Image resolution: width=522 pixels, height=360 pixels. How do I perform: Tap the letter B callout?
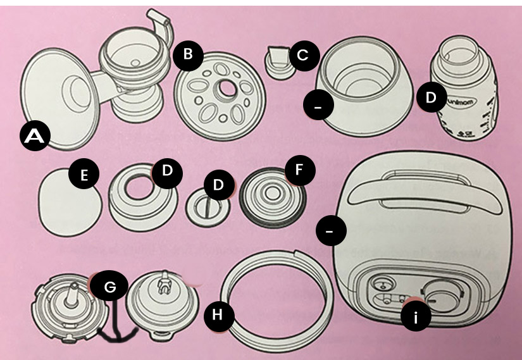coord(187,54)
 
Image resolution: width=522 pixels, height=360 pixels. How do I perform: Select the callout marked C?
coord(302,55)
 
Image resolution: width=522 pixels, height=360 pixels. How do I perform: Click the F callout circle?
coord(298,170)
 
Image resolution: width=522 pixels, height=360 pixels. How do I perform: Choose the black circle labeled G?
coord(110,287)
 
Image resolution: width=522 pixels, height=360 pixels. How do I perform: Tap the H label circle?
coord(217,314)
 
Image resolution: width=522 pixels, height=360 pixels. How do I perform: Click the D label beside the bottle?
coord(430,98)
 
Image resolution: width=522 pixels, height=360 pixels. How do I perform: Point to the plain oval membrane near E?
coord(70,202)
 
